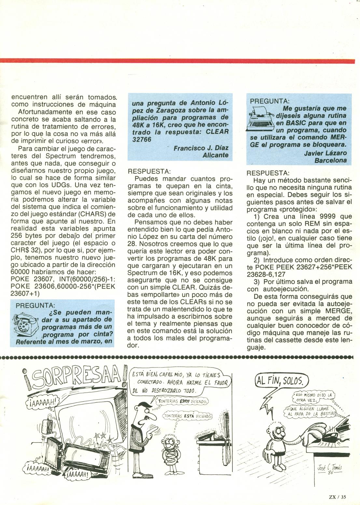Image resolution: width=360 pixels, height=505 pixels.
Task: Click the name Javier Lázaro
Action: [325, 153]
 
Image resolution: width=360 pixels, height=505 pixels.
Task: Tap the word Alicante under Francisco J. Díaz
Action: [215, 155]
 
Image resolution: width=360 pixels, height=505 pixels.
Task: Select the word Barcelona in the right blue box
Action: [330, 161]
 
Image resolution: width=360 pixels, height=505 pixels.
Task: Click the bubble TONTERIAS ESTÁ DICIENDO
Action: [188, 416]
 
